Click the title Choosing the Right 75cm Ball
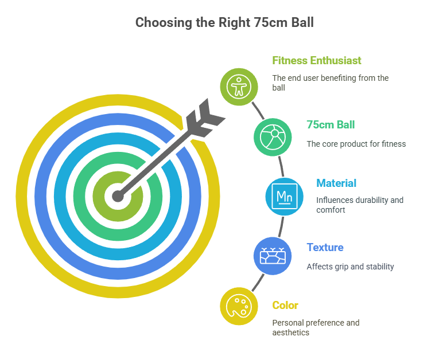click(224, 22)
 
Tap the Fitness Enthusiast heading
click(316, 60)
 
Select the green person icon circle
click(239, 87)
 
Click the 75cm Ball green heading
click(331, 125)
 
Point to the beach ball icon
click(273, 137)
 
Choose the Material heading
click(336, 183)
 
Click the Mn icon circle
click(285, 197)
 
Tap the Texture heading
click(325, 248)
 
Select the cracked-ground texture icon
click(273, 256)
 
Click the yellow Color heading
click(285, 306)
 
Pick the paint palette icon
click(239, 306)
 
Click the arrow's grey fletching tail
click(205, 118)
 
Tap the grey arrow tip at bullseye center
click(118, 196)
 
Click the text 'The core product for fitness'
click(356, 144)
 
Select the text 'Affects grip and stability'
click(351, 267)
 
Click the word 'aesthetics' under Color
click(291, 332)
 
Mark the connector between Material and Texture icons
click(281, 226)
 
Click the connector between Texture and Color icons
click(258, 283)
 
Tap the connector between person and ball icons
click(258, 111)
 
